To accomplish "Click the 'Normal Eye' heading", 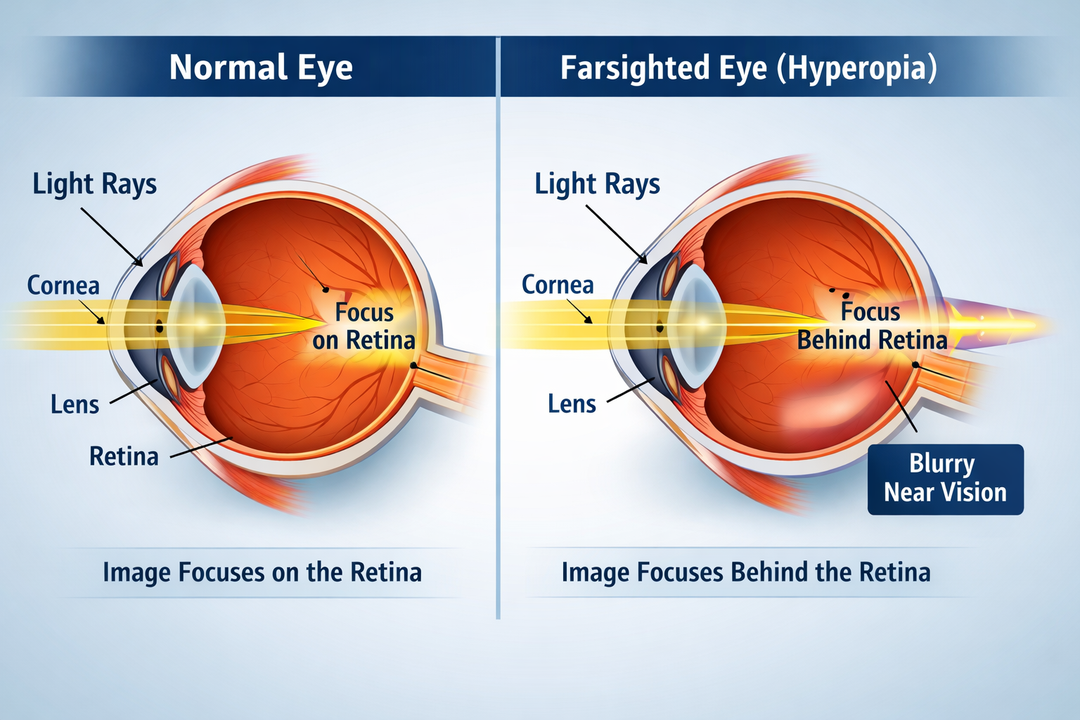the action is click(x=261, y=67).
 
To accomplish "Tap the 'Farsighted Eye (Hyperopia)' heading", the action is click(x=749, y=67).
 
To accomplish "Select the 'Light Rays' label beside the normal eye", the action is click(x=94, y=185).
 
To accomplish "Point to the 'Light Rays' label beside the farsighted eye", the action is click(x=598, y=185).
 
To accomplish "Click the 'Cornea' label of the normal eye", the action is click(x=63, y=285).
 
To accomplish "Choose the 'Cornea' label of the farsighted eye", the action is click(x=558, y=285).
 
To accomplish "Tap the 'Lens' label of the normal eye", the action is click(x=75, y=404).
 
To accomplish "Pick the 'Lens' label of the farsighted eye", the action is click(x=572, y=404).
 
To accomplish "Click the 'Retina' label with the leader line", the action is click(x=124, y=456).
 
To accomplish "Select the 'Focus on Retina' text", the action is click(x=364, y=326).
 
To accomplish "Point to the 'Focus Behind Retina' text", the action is click(x=872, y=326).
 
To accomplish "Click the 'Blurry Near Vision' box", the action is click(x=946, y=480).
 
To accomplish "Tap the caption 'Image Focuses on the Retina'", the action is click(x=262, y=573).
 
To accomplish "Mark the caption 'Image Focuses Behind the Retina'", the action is click(x=746, y=572).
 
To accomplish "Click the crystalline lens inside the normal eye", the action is click(x=198, y=326).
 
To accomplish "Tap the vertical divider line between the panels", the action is click(x=498, y=328).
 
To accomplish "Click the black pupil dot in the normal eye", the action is click(x=160, y=329).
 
